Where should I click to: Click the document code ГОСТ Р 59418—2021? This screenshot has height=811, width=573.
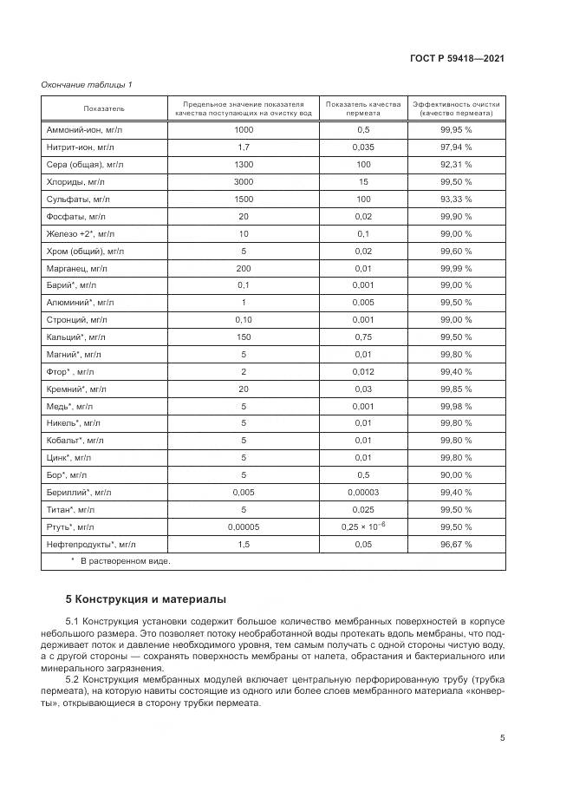click(457, 58)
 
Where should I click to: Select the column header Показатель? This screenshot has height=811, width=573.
click(104, 108)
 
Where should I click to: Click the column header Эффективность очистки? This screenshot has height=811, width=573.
click(455, 108)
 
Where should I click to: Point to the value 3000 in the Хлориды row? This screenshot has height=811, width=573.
click(244, 182)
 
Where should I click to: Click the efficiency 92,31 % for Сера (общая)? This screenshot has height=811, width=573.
click(455, 165)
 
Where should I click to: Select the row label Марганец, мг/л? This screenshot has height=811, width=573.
click(76, 268)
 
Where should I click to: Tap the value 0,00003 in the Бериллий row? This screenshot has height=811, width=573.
click(363, 492)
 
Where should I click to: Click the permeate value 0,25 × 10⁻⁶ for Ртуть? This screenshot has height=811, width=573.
click(363, 526)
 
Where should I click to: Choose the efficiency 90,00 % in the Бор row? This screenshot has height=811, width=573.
click(455, 474)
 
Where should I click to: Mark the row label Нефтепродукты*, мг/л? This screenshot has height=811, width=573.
click(90, 544)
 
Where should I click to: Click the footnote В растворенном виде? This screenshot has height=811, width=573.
click(125, 561)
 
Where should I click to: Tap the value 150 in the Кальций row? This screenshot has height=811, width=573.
click(244, 337)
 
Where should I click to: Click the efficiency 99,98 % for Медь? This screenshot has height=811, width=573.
click(455, 406)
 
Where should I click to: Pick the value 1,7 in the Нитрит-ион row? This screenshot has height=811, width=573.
click(244, 147)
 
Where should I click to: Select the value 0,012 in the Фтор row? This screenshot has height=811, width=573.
click(363, 371)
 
